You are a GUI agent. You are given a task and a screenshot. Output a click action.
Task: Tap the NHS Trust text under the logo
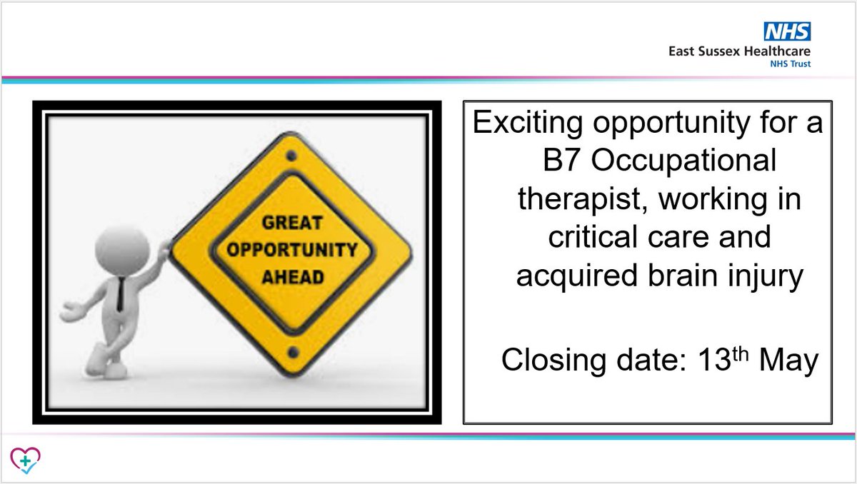[x=791, y=64]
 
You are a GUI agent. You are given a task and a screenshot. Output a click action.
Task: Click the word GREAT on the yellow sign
[x=289, y=223]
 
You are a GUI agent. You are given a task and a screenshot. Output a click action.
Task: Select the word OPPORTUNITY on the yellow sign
[x=290, y=250]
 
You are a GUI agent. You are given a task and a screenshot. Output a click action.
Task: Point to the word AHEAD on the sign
[x=291, y=276]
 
